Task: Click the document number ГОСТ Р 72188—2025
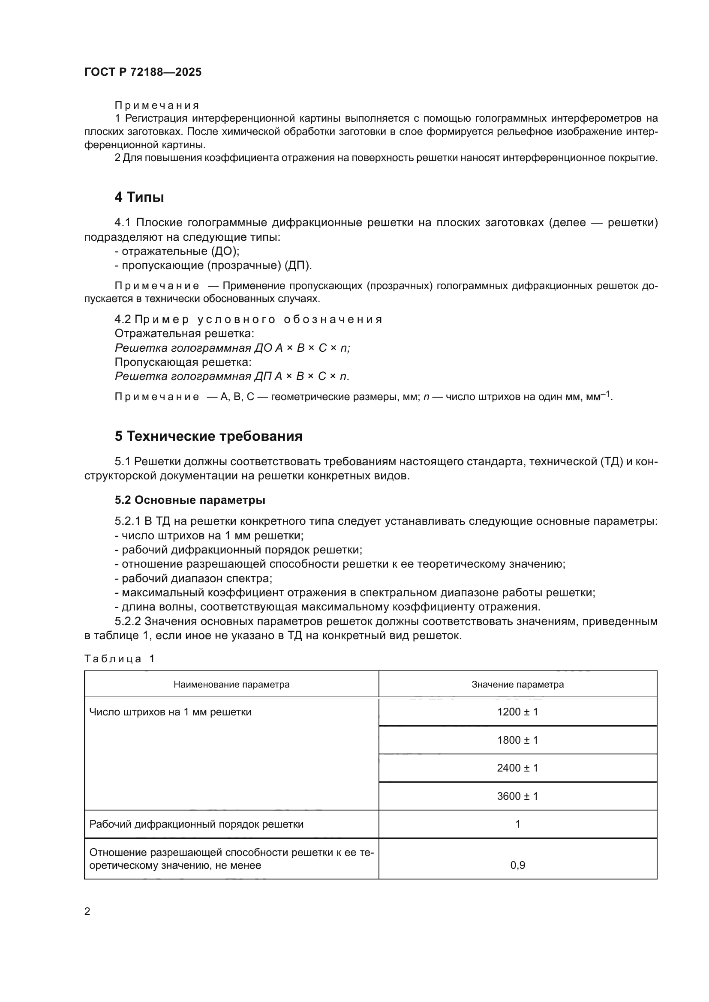click(x=143, y=72)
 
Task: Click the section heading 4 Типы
click(x=139, y=197)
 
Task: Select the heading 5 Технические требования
click(x=208, y=436)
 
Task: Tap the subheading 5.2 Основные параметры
click(x=190, y=500)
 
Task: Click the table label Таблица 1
click(x=119, y=658)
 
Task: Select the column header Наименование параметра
click(x=231, y=684)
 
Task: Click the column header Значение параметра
click(x=517, y=684)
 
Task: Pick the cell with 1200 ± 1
click(x=517, y=712)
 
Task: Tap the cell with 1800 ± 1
click(x=517, y=740)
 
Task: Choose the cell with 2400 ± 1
click(x=517, y=768)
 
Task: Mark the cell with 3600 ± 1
click(x=517, y=796)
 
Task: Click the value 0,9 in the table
click(x=517, y=865)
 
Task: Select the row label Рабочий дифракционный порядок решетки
click(x=196, y=824)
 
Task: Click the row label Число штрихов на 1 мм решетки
click(x=170, y=712)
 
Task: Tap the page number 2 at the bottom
click(x=87, y=912)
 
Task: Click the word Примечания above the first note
click(x=157, y=106)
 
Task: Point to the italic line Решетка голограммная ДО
click(x=231, y=348)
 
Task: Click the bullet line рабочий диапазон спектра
click(x=193, y=578)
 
